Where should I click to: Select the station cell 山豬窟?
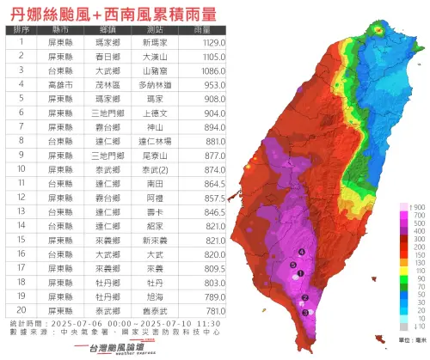pos(162,70)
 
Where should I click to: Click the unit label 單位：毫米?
pos(408,340)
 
